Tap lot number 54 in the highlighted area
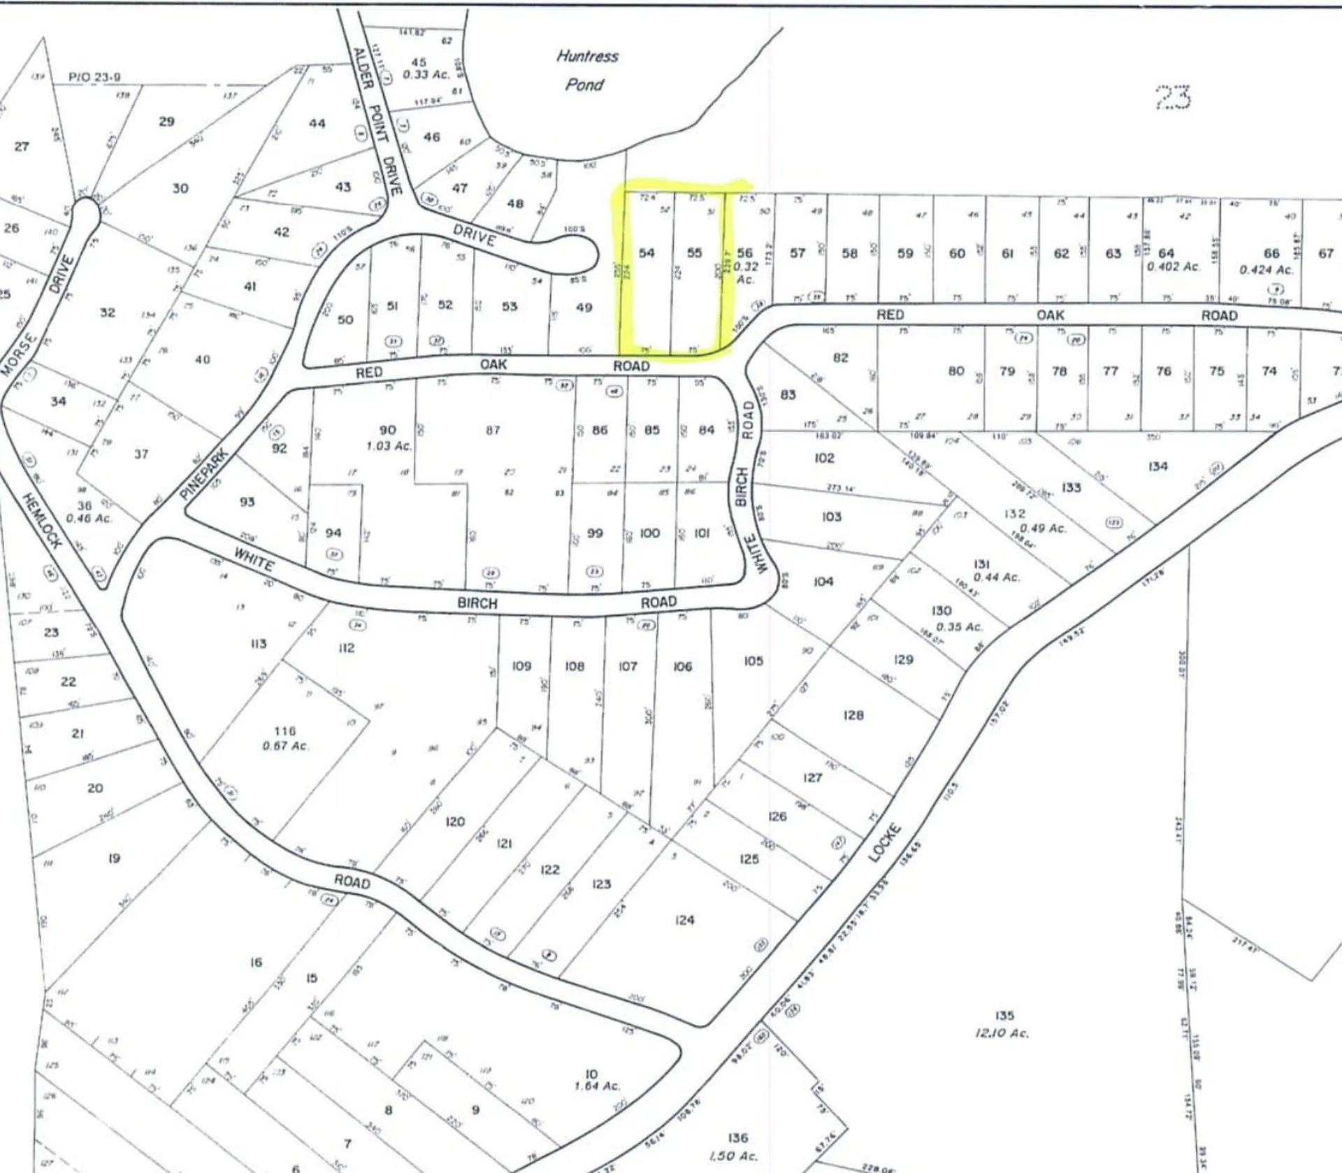point(647,252)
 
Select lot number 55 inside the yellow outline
point(694,252)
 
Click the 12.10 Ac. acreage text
point(1002,1033)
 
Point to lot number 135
point(1004,1015)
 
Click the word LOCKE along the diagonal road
point(886,842)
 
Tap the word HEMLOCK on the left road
point(42,520)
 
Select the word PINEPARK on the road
point(205,473)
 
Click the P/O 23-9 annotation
point(94,77)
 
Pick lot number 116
point(284,731)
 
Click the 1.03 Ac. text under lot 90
point(389,445)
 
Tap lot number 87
point(493,430)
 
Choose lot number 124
point(684,920)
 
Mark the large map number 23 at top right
point(1172,97)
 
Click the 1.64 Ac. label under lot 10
point(596,1086)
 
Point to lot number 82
point(840,357)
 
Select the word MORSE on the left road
point(19,354)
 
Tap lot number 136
point(737,1138)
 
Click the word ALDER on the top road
point(362,67)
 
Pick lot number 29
point(166,122)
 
